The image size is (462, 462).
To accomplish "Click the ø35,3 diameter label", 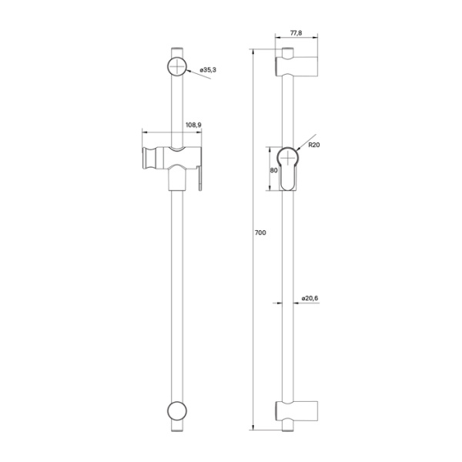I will pos(208,70).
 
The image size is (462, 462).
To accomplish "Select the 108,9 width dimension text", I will pos(193,125).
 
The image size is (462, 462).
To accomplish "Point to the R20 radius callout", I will pos(314,144).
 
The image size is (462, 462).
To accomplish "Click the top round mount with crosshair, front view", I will pos(177,66).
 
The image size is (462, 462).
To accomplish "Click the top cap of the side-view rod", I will pos(286,53).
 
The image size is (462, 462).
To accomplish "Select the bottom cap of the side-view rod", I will pos(286,427).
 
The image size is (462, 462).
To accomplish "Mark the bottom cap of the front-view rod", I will pos(177,427).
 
